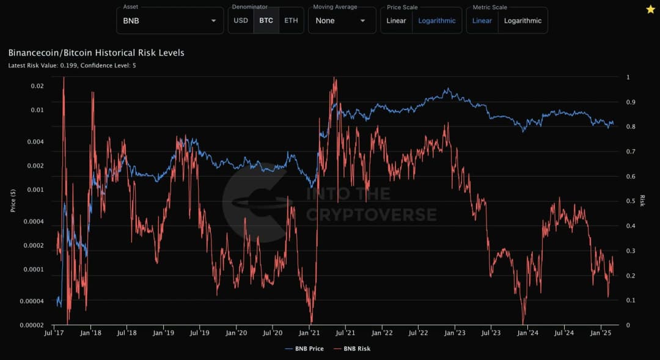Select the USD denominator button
click(x=241, y=20)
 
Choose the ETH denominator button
click(x=291, y=20)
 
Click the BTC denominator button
click(x=266, y=20)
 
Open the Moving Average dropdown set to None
click(x=340, y=20)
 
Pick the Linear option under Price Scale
click(x=396, y=20)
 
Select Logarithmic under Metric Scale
click(x=522, y=20)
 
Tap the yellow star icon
click(x=651, y=9)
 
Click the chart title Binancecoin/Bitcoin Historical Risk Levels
click(x=96, y=53)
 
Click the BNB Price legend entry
click(x=304, y=348)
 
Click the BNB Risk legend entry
click(x=353, y=348)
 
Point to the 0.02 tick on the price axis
click(x=38, y=86)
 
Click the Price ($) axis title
click(x=13, y=200)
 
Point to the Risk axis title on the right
click(x=642, y=200)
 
